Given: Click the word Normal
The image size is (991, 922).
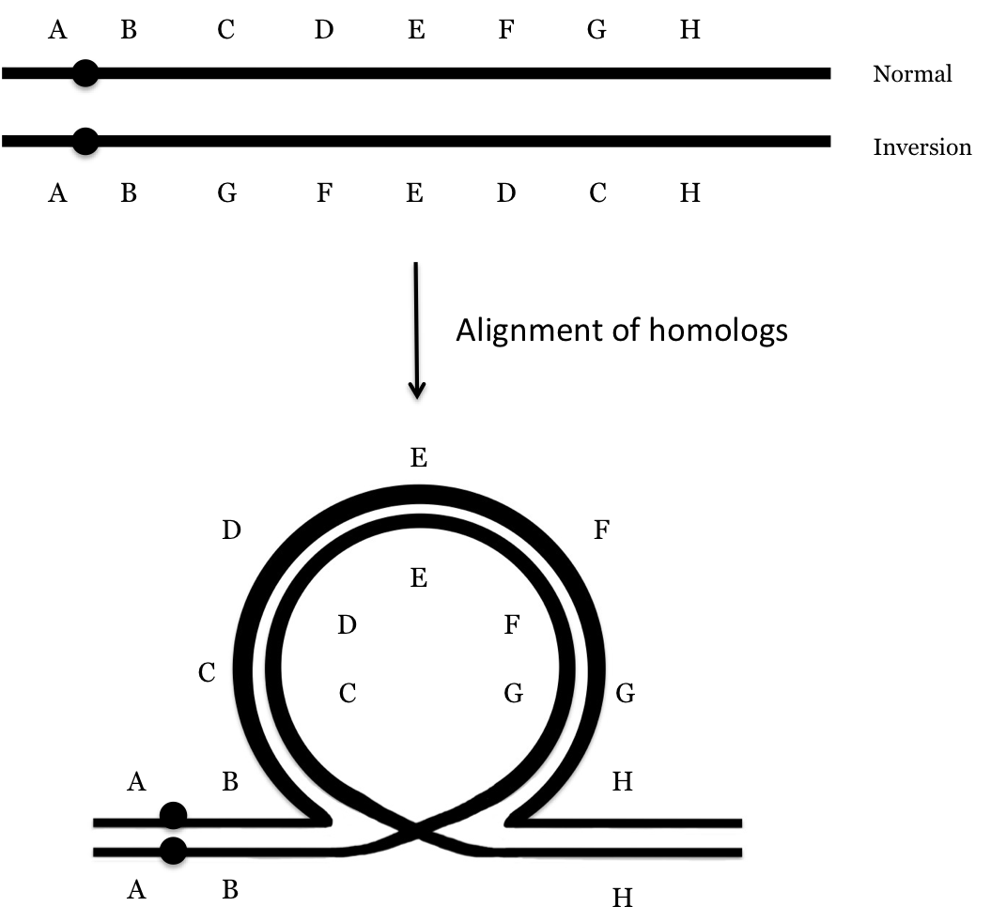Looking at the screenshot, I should (x=911, y=74).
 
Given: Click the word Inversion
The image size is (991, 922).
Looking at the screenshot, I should (x=921, y=147).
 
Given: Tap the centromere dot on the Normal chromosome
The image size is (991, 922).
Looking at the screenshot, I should (x=85, y=73).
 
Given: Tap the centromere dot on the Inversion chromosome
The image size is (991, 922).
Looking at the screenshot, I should (x=85, y=142).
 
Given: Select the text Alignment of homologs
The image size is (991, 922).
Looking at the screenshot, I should (x=621, y=332).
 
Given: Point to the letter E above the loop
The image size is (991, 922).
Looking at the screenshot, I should (x=419, y=458).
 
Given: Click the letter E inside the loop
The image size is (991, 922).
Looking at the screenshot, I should (x=419, y=578).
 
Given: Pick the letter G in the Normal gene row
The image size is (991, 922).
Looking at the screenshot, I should (x=596, y=31).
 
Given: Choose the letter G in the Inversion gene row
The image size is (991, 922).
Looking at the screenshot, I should (x=226, y=194).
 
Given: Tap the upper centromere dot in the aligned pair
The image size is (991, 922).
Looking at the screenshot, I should (x=172, y=816).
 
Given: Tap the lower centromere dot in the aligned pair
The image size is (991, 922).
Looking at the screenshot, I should (x=172, y=851).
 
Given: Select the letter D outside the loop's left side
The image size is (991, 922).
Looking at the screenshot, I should (x=232, y=530).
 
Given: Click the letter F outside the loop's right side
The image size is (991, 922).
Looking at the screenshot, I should (x=603, y=530).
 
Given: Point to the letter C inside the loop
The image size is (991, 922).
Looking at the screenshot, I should (x=347, y=694).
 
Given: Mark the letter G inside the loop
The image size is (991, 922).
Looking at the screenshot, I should (x=513, y=694).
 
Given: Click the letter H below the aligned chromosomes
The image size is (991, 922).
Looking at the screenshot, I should (x=622, y=899).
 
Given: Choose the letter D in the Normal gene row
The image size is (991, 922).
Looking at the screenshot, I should (x=324, y=31).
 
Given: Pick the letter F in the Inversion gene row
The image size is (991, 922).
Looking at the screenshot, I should (x=324, y=194).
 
